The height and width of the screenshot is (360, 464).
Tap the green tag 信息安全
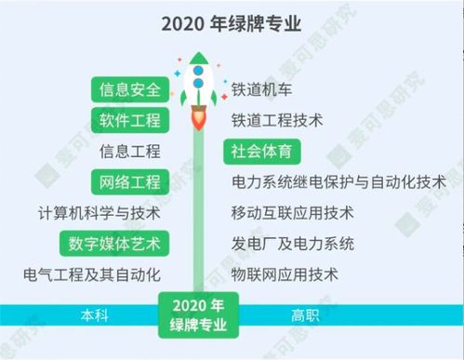[130, 90]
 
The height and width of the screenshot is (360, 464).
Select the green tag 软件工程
[130, 121]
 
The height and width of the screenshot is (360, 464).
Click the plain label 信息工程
[129, 151]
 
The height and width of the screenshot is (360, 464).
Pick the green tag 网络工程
[130, 181]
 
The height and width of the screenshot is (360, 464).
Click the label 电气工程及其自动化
[93, 274]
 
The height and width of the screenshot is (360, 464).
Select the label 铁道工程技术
[276, 121]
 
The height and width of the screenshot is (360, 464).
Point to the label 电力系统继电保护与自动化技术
[338, 181]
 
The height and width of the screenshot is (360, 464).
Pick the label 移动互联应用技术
[292, 212]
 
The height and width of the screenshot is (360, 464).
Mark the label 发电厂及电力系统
[292, 244]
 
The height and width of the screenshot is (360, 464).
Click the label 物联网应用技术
[284, 274]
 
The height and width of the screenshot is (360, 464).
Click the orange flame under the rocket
[197, 118]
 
